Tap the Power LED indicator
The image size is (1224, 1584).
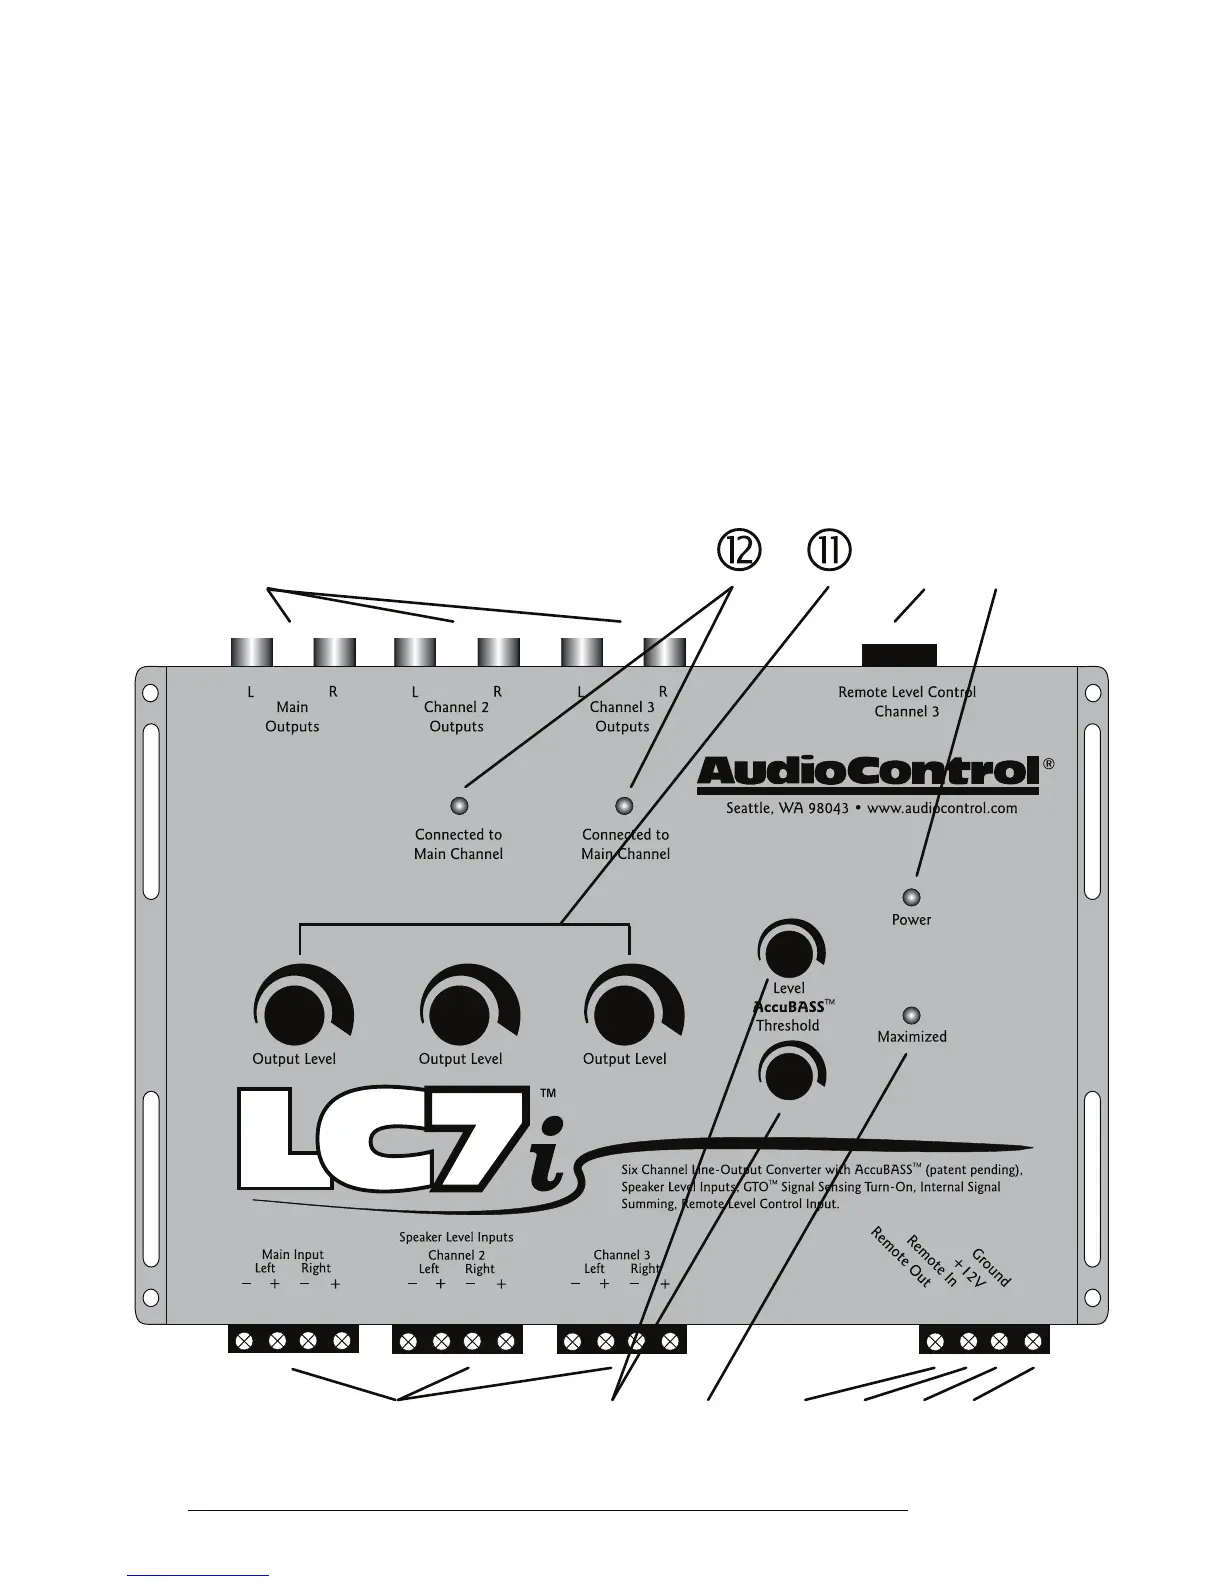911,897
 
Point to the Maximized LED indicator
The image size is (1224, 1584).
911,1014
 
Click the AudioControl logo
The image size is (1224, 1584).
868,772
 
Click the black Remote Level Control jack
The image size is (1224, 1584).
899,655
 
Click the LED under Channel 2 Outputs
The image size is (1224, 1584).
459,805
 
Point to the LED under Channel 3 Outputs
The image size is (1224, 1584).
625,805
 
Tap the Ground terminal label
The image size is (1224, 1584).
991,1267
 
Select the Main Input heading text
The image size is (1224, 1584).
293,1254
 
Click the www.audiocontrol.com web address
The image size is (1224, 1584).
942,808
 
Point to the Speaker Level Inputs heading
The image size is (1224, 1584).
456,1237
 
